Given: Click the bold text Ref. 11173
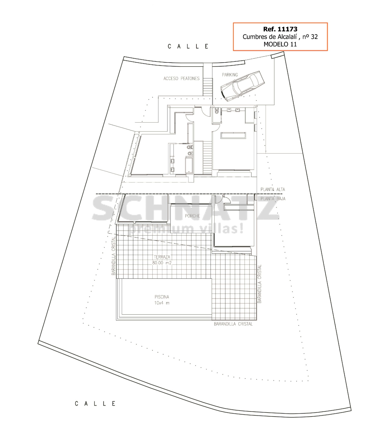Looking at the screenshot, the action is pos(280,29).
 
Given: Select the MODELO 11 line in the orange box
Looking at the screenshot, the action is pos(280,44).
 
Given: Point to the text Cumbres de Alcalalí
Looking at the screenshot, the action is pos(270,37).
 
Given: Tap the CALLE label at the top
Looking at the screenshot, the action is pos(188,46).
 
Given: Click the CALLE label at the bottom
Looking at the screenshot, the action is pos(95,404).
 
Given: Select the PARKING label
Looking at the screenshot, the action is pos(230,75).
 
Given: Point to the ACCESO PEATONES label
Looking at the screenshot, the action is pos(181,79).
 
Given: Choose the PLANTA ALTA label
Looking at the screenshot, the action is pos(273,189).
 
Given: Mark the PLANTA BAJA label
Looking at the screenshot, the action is pos(273,199).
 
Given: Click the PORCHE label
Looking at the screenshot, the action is pos(192,216).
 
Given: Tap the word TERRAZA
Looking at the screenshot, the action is pos(162,257).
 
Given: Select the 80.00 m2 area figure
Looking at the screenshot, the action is pos(162,263).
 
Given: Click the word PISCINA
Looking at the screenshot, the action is pos(162,297).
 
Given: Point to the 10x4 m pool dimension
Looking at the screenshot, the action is pos(162,303).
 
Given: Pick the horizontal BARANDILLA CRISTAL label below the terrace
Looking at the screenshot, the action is pos(233,324).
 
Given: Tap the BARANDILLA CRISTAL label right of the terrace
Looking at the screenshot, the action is pos(259,284).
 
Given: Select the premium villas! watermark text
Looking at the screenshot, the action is pos(186,229).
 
